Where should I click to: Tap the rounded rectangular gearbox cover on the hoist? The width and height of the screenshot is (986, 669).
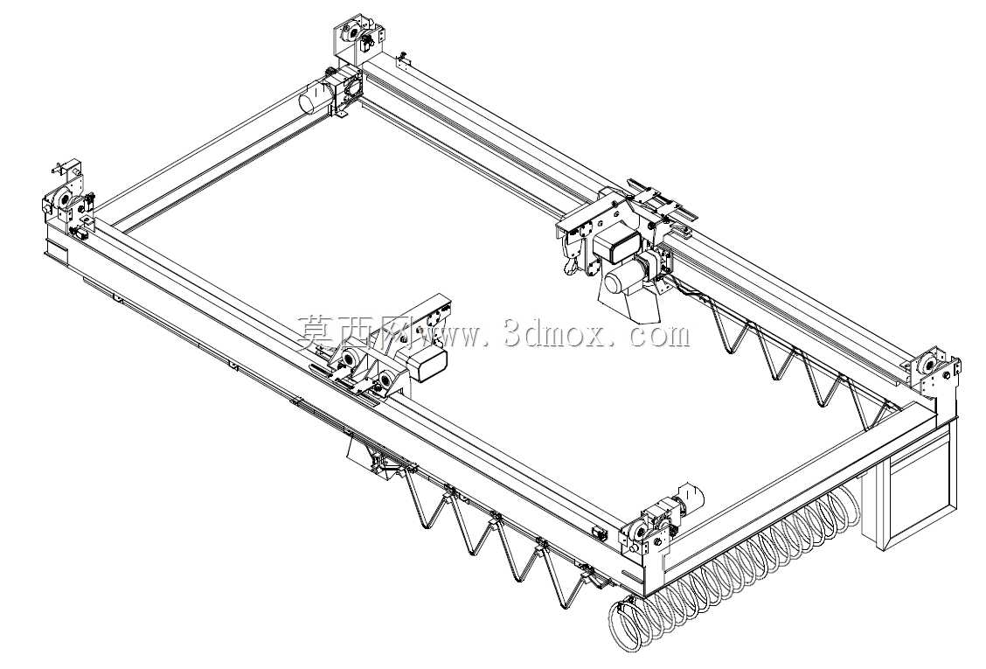tap(616, 245)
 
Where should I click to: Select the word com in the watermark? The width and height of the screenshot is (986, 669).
tap(659, 336)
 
